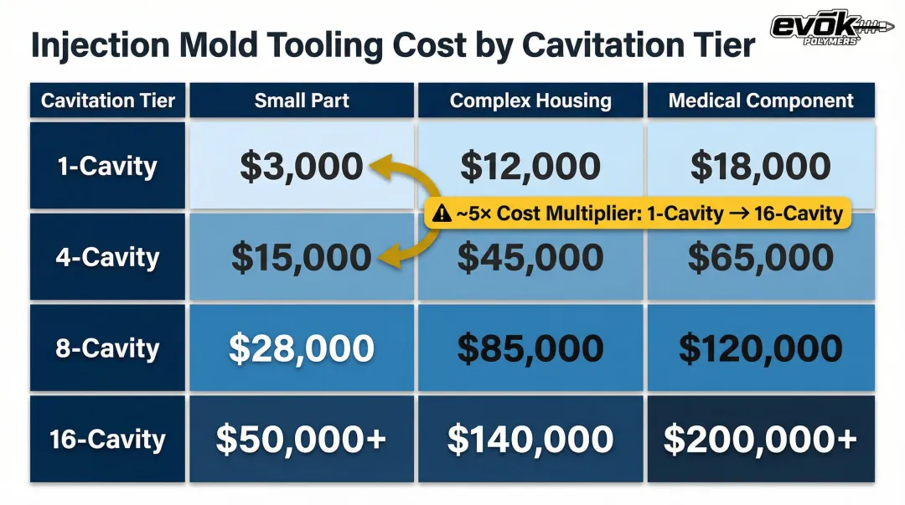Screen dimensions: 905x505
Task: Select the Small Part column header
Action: click(x=302, y=100)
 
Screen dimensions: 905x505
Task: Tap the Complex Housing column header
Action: click(x=530, y=100)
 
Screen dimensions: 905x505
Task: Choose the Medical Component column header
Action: click(x=761, y=100)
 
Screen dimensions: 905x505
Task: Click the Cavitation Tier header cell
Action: click(x=108, y=100)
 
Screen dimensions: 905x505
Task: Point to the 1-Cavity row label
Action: click(x=108, y=166)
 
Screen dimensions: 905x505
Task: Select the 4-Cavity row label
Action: click(x=108, y=257)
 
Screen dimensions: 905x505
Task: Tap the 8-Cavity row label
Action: click(x=108, y=348)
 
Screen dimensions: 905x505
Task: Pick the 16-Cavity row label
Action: click(x=108, y=439)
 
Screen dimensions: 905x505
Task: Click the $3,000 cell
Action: click(x=302, y=166)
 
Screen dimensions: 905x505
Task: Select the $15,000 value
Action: click(x=302, y=257)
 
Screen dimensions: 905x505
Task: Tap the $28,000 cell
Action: click(x=302, y=348)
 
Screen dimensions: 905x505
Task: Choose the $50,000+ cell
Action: click(x=302, y=439)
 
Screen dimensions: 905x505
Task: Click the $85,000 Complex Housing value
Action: click(x=530, y=348)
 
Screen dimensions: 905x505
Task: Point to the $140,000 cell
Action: click(x=530, y=439)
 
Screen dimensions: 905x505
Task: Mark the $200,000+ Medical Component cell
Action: click(x=761, y=439)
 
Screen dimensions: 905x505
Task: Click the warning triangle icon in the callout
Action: click(x=442, y=213)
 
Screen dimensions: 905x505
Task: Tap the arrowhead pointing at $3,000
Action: click(x=380, y=167)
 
